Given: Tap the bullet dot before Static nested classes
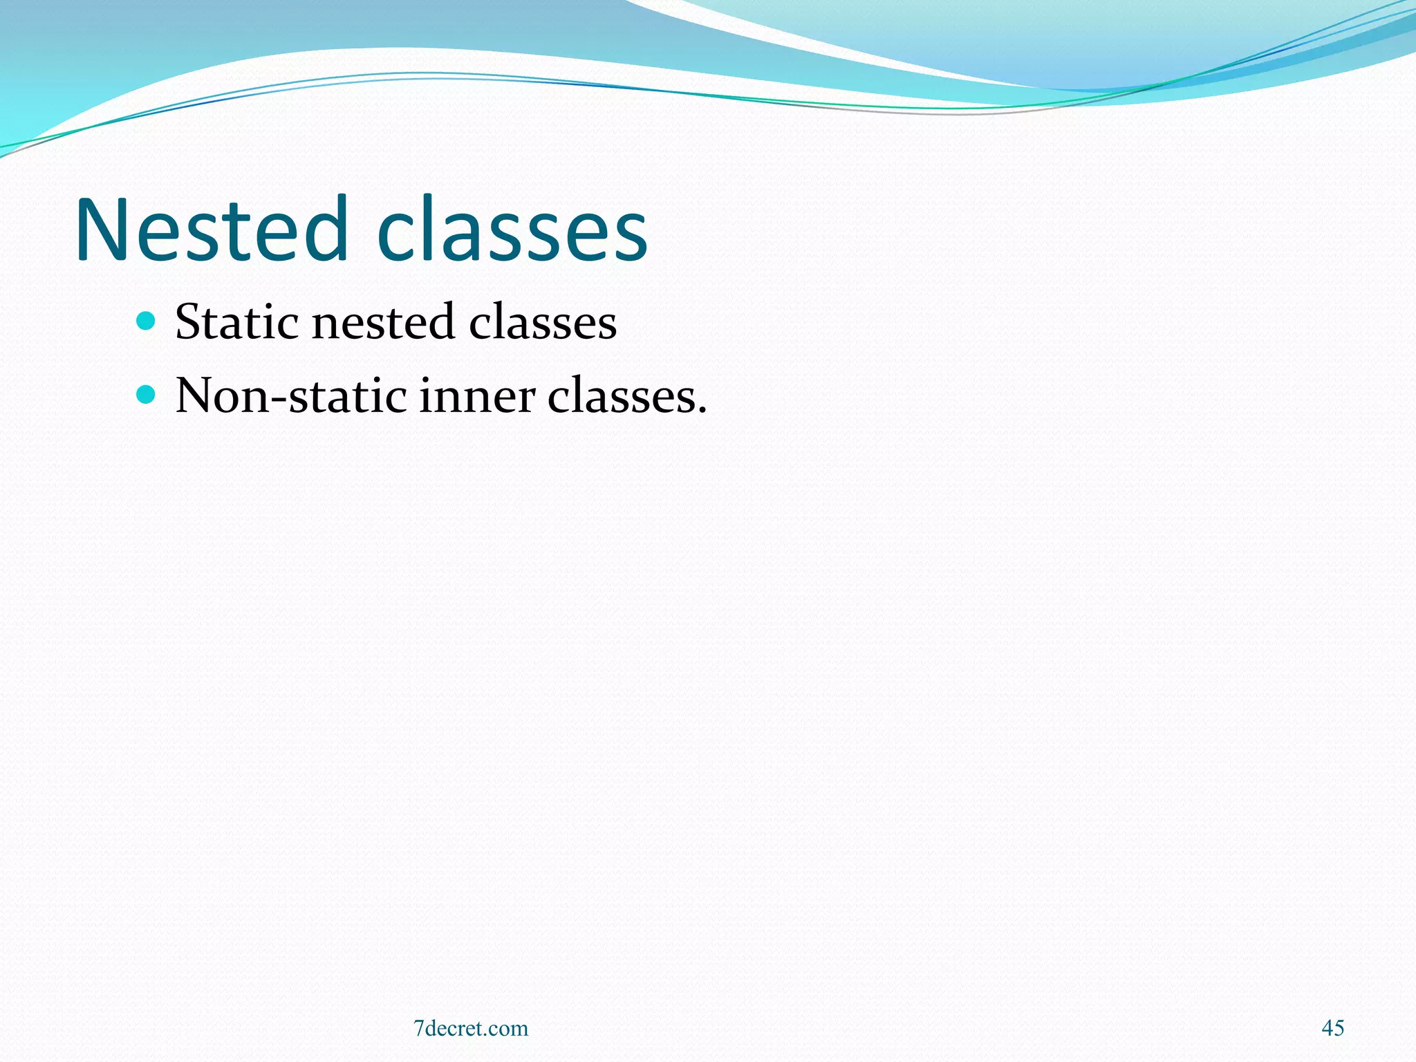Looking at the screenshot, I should point(146,320).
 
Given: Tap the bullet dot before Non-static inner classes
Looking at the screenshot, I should point(146,395).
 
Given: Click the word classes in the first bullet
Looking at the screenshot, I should point(543,322).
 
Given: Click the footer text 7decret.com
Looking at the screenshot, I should point(471,1029).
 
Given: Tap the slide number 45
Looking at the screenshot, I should point(1332,1028).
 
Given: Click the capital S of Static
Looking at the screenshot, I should point(187,322).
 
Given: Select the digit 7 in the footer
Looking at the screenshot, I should point(418,1029).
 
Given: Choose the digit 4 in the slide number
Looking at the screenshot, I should point(1327,1028).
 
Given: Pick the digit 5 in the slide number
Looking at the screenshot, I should point(1339,1028).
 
